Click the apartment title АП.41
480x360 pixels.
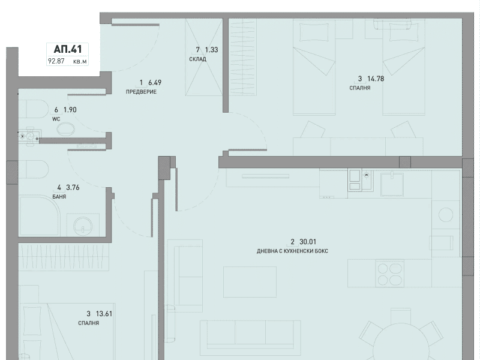(68, 49)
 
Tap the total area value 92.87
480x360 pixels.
(56, 61)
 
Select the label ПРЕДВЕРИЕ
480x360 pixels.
(141, 92)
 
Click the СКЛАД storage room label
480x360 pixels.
(198, 59)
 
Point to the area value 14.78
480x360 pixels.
(376, 79)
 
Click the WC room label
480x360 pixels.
(56, 119)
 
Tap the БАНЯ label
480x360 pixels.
(59, 197)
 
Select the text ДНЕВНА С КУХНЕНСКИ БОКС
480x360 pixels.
(292, 251)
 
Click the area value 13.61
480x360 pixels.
(104, 314)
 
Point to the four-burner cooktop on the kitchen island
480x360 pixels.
(389, 274)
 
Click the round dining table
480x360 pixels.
(401, 342)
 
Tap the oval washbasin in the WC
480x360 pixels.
(65, 129)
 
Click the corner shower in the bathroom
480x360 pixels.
(40, 217)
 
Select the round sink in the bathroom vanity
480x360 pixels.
(83, 226)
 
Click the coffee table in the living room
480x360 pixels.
(250, 281)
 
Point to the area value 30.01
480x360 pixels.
(308, 242)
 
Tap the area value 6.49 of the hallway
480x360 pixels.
(155, 83)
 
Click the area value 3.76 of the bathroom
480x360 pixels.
(73, 187)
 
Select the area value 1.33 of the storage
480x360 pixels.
(212, 50)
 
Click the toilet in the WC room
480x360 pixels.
(34, 109)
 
